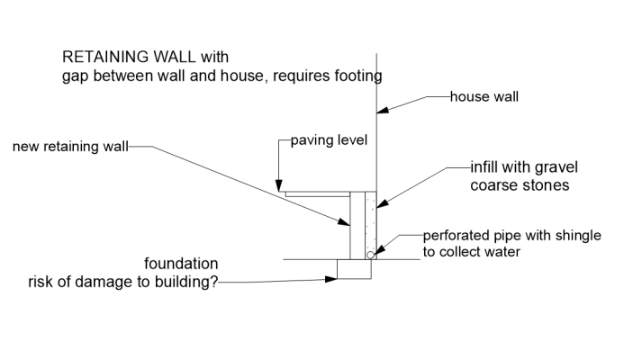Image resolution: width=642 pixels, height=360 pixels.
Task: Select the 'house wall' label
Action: (484, 94)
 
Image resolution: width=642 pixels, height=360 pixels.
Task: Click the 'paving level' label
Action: (330, 140)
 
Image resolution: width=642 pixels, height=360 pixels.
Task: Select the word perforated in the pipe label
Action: (456, 236)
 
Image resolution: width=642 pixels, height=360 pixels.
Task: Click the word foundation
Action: (181, 265)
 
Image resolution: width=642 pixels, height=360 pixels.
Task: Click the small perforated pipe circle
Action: (371, 255)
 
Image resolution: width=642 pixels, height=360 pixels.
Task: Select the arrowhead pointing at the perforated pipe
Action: (379, 250)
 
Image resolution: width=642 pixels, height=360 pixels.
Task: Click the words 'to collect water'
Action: (472, 252)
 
